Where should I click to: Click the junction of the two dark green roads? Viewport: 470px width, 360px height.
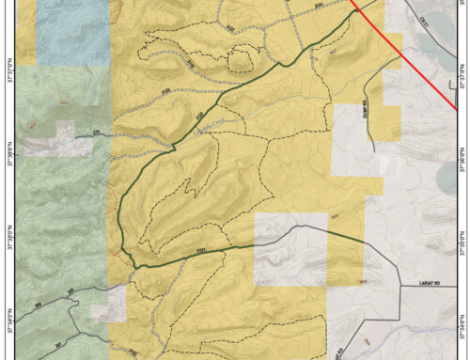click(135, 266)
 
